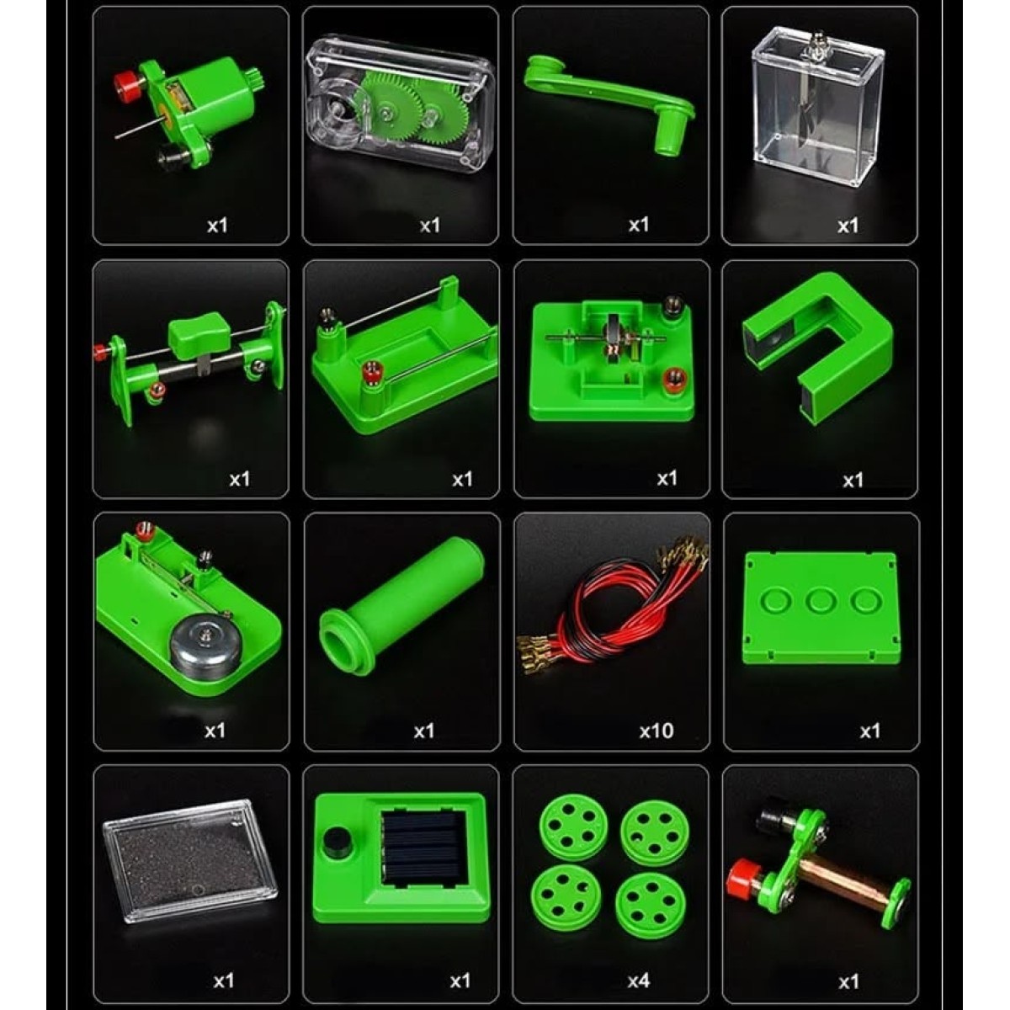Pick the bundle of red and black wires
coord(614,608)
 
